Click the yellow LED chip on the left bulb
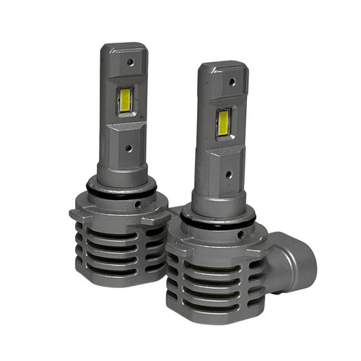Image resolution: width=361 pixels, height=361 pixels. [124, 102]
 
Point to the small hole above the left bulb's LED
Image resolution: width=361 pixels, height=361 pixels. [130, 62]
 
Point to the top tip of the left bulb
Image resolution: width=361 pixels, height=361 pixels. [124, 45]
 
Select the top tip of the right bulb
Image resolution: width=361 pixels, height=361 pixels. [223, 65]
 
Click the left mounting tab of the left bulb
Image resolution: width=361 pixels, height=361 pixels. [77, 215]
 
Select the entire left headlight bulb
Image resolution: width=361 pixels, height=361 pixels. [119, 166]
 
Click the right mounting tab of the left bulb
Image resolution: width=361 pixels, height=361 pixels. [165, 215]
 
